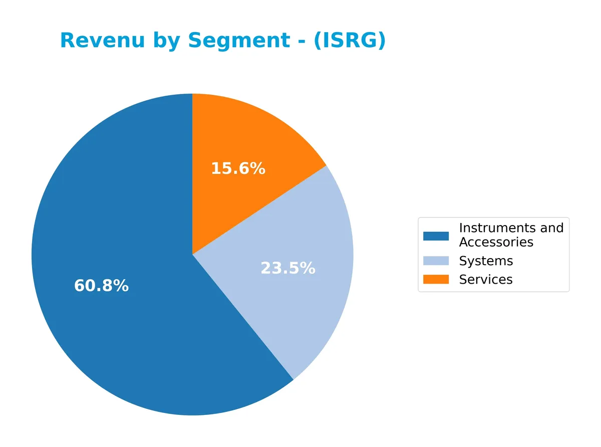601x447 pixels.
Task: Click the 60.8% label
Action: [x=101, y=286]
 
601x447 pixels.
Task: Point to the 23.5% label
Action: [x=288, y=269]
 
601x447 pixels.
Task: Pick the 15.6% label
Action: [x=238, y=168]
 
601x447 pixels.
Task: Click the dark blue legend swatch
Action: [x=436, y=236]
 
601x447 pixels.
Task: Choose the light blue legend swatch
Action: [x=436, y=261]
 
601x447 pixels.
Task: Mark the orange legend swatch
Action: [x=436, y=280]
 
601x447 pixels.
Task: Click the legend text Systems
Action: [x=486, y=261]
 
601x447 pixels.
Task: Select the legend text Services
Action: [x=486, y=280]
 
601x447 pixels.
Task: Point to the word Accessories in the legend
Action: [x=496, y=243]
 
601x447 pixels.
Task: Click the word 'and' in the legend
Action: [x=552, y=228]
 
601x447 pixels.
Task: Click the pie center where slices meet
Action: [x=192, y=254]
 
